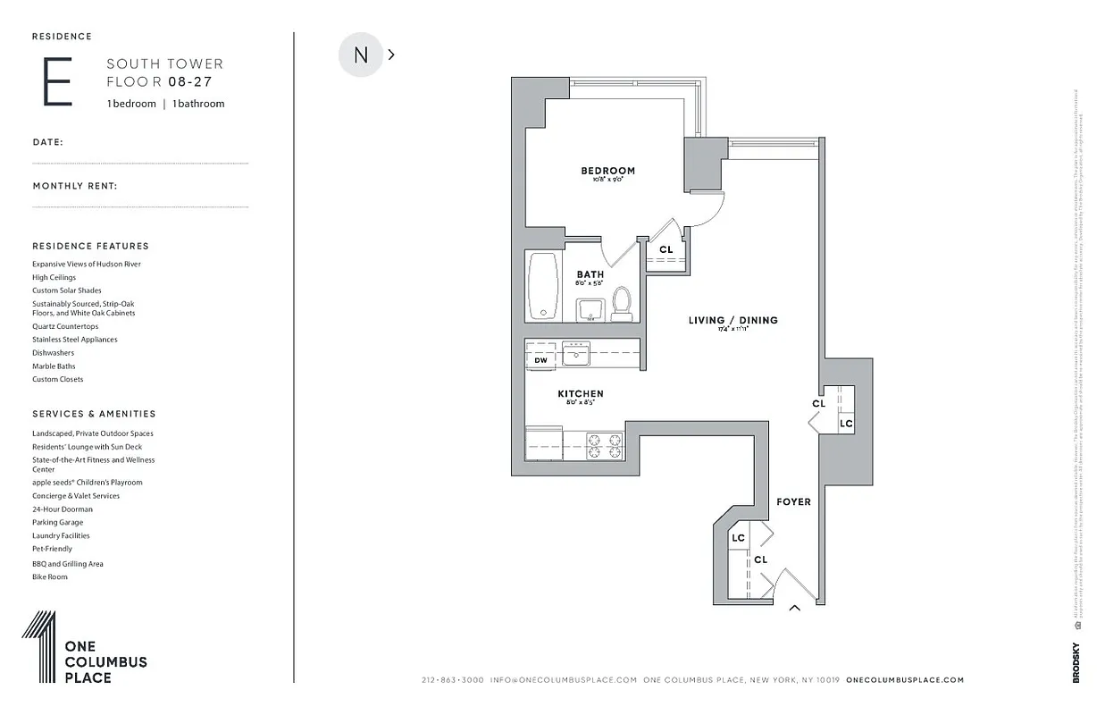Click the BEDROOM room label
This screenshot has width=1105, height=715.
(607, 171)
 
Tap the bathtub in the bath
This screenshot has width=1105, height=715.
(543, 285)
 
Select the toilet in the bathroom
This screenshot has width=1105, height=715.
(622, 304)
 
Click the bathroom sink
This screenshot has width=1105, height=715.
(590, 309)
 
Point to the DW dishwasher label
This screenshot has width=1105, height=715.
(540, 360)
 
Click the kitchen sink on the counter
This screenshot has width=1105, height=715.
(576, 354)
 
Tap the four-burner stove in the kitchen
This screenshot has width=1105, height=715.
(604, 445)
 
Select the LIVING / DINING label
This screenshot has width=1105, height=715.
(732, 320)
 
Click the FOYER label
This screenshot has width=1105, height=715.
(793, 501)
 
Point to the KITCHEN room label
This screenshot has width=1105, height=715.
(581, 393)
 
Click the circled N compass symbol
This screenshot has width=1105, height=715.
(361, 55)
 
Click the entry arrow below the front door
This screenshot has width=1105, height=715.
(793, 609)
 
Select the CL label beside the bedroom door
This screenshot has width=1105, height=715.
(666, 250)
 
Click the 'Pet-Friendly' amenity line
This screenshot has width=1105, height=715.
(52, 549)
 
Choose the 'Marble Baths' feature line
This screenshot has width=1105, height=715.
(54, 366)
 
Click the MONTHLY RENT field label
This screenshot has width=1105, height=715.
(75, 186)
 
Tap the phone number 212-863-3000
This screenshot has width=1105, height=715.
(453, 680)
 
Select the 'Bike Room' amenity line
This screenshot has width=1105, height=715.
(50, 576)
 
